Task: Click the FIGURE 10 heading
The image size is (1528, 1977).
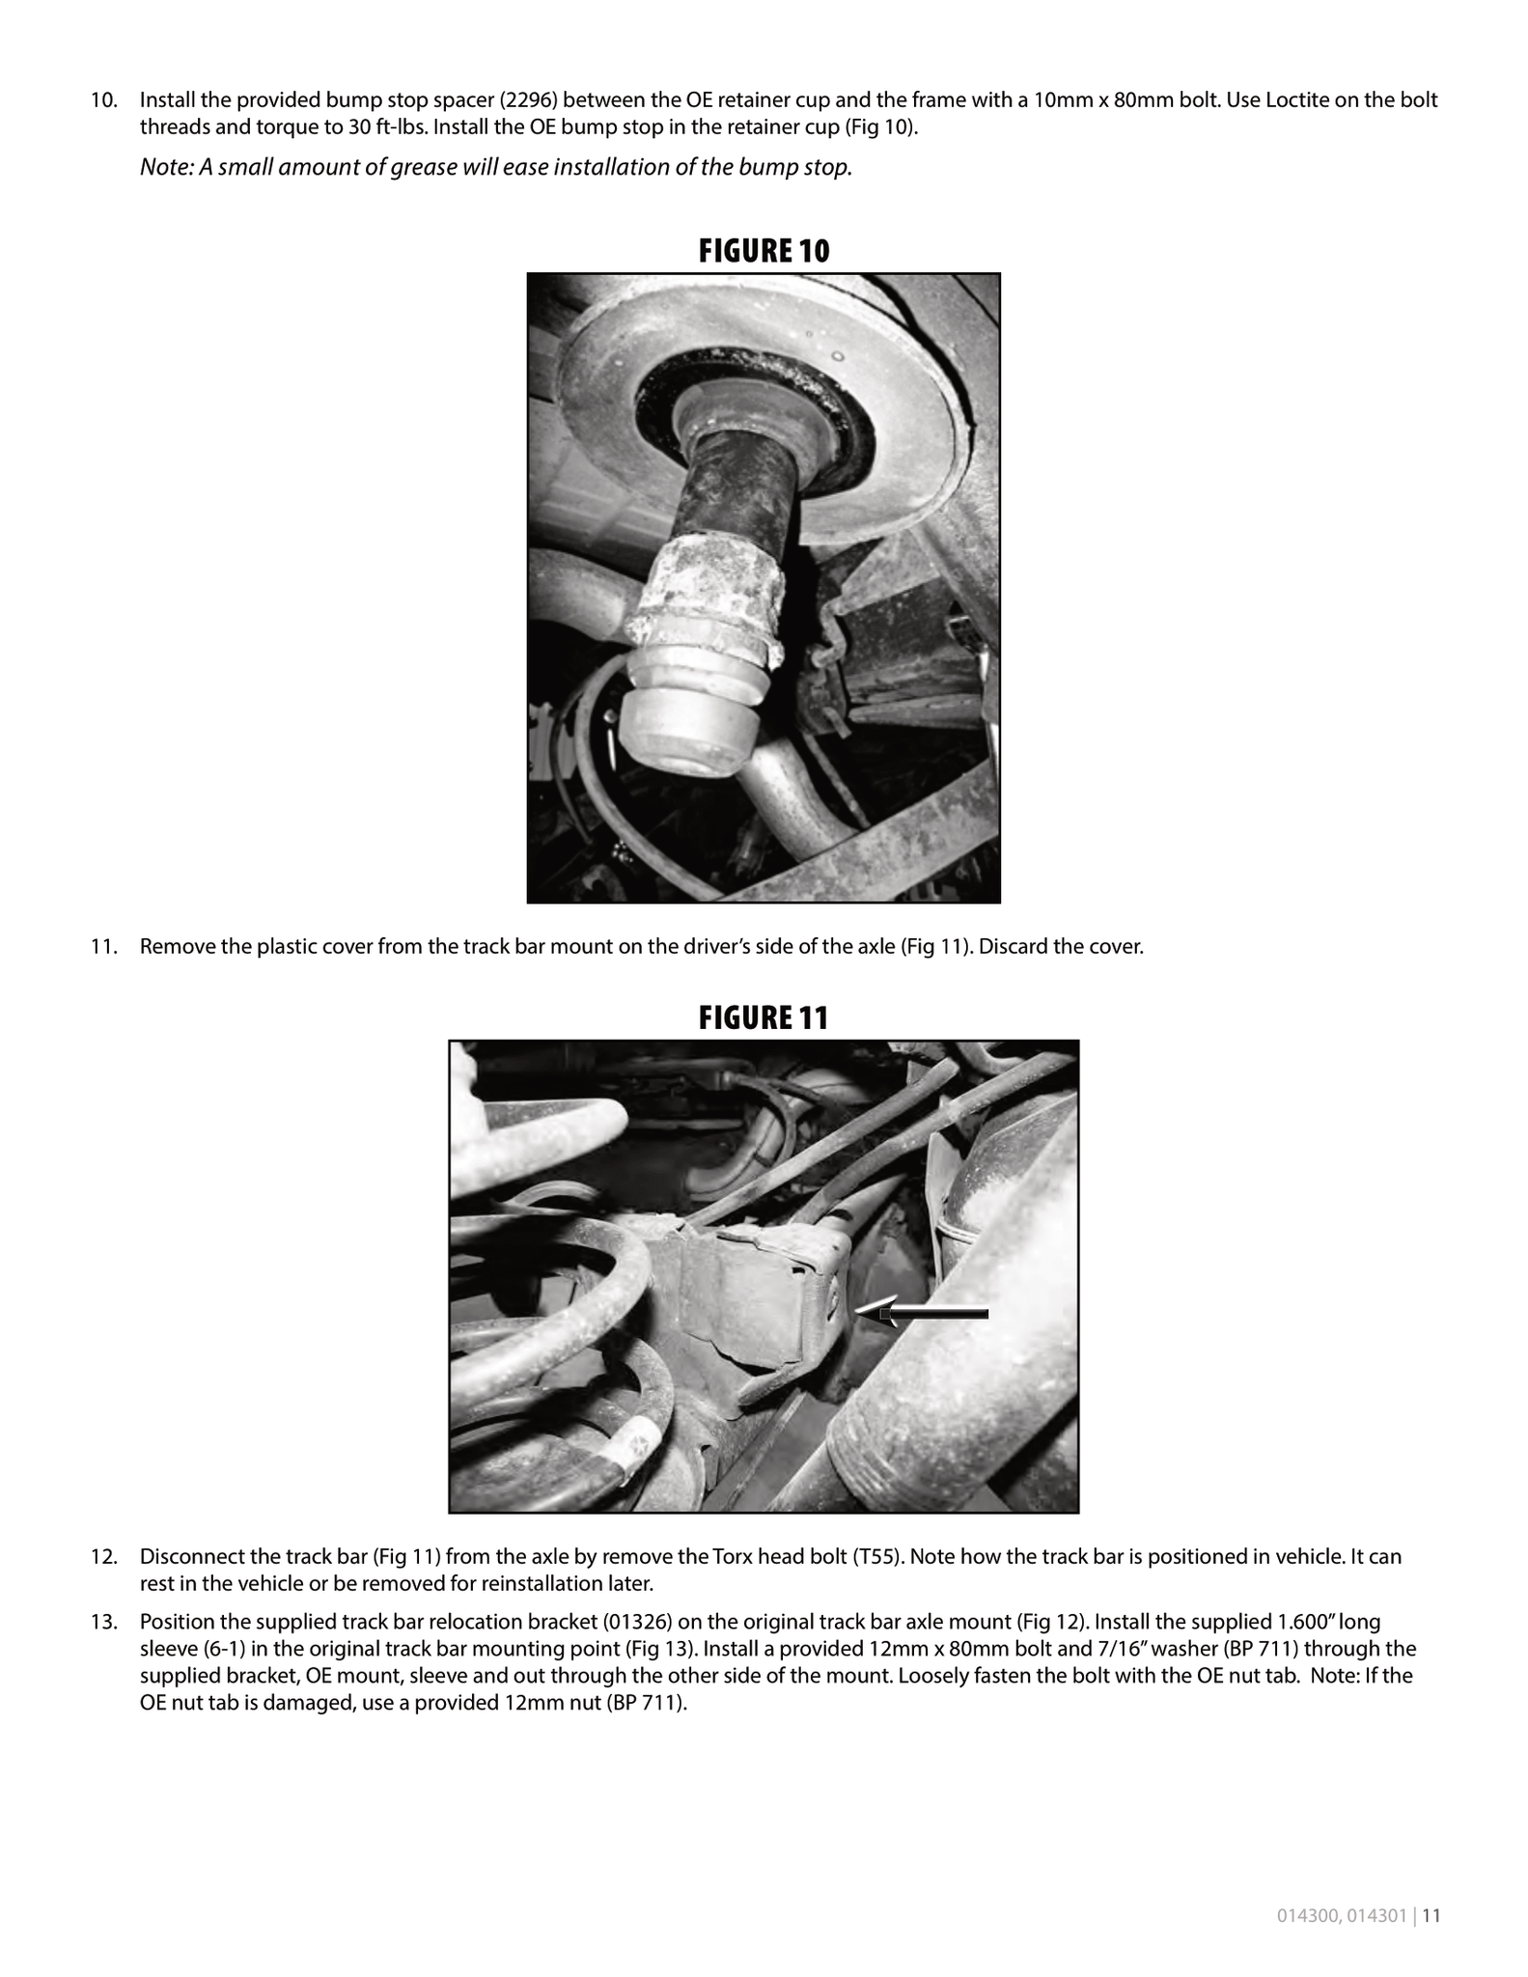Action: point(764,251)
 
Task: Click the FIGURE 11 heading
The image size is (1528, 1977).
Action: point(764,1017)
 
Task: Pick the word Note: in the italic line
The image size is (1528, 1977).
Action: point(167,167)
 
